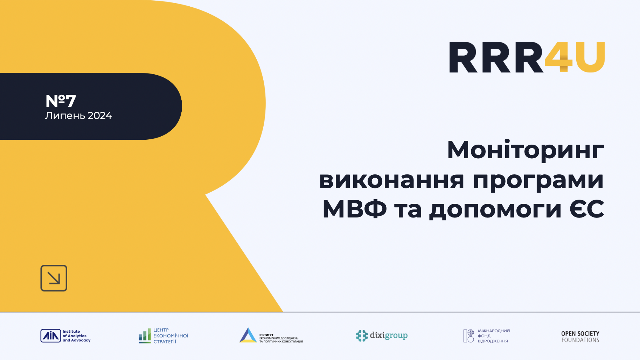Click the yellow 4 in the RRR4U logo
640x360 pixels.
[x=558, y=57]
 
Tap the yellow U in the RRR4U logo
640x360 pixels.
[x=590, y=57]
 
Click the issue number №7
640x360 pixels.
[x=61, y=101]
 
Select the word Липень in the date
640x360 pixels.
[x=65, y=116]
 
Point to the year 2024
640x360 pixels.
[x=100, y=116]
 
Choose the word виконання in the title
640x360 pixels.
[x=391, y=180]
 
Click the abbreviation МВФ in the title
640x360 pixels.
[x=354, y=209]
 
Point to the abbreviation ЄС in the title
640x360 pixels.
[x=586, y=209]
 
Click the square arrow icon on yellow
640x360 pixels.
[x=54, y=278]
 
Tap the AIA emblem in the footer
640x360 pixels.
[x=50, y=336]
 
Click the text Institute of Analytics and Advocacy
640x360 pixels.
[x=76, y=336]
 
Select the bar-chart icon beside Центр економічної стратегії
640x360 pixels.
[x=145, y=336]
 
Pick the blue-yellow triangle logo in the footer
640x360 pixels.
[x=248, y=335]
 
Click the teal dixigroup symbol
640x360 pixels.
[x=362, y=335]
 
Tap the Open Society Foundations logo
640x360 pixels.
[x=580, y=337]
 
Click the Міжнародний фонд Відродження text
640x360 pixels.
[x=494, y=336]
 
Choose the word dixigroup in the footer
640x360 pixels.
[x=389, y=335]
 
